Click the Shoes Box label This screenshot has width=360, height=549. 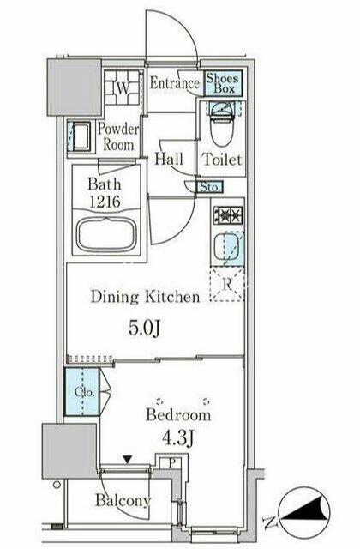223,83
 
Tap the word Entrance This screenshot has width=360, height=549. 175,83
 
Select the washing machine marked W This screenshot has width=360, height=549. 122,87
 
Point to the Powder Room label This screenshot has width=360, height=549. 118,137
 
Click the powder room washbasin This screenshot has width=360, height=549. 81,136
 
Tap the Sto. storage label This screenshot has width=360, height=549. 210,187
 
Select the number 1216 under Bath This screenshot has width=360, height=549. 105,202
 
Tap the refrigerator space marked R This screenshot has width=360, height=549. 226,284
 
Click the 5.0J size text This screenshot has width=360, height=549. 144,328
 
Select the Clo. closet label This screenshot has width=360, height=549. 85,393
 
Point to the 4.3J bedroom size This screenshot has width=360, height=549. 178,438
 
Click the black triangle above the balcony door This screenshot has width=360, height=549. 128,459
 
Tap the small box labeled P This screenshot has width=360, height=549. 171,463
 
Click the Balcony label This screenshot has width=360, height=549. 123,500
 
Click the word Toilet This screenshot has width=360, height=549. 222,160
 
